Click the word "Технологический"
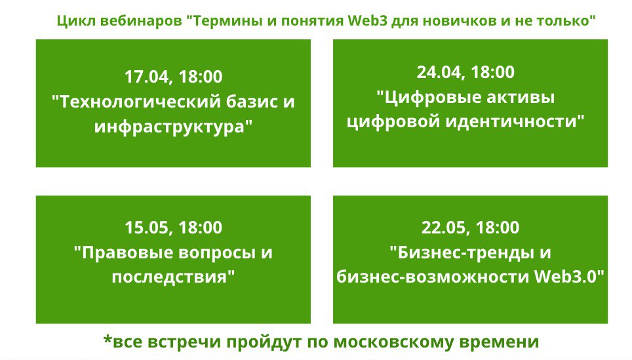138,102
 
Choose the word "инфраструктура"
169,127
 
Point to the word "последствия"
170,277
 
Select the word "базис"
247,102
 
